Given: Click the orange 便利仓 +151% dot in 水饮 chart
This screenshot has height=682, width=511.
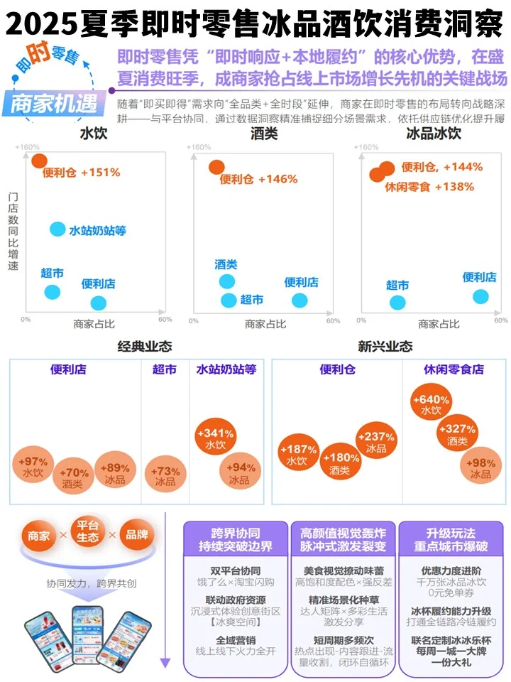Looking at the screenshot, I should (39, 161).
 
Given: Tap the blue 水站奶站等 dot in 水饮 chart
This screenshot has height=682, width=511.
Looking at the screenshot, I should (58, 229).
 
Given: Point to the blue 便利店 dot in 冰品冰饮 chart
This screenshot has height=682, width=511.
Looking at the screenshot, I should (480, 297).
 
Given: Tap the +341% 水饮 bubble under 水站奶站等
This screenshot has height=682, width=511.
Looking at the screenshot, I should (215, 438).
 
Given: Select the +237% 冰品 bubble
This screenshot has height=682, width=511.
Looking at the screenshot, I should (376, 442).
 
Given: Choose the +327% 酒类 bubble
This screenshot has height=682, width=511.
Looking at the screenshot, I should (456, 434).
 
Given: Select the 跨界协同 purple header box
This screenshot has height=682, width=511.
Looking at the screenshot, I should (235, 539).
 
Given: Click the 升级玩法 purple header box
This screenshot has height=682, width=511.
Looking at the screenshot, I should (451, 539).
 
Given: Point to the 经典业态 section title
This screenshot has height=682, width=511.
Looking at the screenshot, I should (145, 347).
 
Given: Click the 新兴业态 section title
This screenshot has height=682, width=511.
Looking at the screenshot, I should (385, 347).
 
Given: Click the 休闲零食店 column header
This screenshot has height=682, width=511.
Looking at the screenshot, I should (454, 369).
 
